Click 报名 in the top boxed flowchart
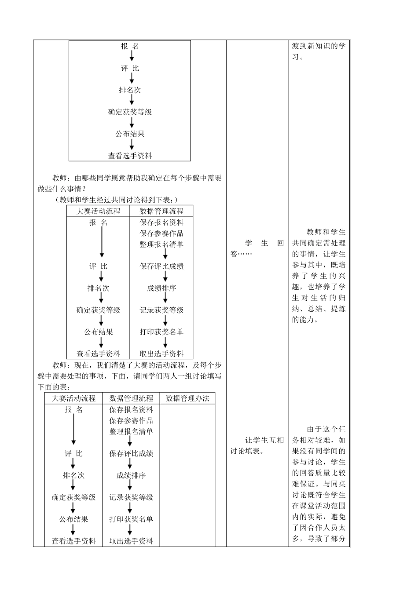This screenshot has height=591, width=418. tap(130, 46)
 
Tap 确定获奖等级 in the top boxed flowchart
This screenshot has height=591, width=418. tap(130, 112)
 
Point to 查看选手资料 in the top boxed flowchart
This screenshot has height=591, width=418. tap(130, 155)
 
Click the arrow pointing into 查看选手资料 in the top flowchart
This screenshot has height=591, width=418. tap(131, 145)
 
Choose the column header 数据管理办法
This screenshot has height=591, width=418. tap(187, 398)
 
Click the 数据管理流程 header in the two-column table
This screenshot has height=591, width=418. tap(161, 211)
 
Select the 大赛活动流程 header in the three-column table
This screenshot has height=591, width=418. tap(73, 398)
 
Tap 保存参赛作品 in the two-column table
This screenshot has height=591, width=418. tap(161, 233)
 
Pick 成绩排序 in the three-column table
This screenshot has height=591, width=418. tap(131, 475)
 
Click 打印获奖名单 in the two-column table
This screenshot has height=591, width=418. tap(161, 332)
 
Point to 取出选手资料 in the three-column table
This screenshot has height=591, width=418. tap(131, 541)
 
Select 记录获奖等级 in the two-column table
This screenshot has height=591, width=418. tap(161, 310)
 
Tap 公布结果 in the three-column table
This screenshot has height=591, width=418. tap(73, 519)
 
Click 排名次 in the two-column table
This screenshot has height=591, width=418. tap(98, 288)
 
